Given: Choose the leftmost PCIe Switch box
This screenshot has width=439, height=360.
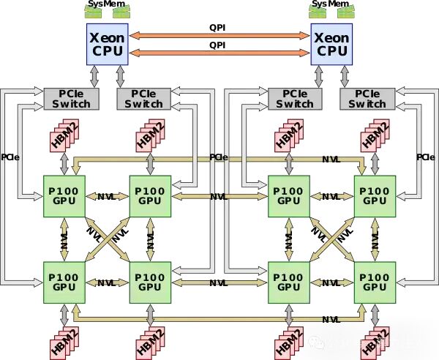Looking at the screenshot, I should pyautogui.click(x=67, y=99).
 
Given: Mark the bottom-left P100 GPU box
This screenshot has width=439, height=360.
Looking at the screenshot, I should pyautogui.click(x=65, y=282).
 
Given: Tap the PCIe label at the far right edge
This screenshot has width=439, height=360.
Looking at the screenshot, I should pyautogui.click(x=425, y=157).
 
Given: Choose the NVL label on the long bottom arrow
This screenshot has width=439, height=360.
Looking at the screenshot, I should pyautogui.click(x=331, y=319).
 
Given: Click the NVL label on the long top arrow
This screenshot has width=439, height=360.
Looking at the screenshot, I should pyautogui.click(x=331, y=158).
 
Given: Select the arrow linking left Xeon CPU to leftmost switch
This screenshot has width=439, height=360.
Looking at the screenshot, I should pyautogui.click(x=93, y=74).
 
